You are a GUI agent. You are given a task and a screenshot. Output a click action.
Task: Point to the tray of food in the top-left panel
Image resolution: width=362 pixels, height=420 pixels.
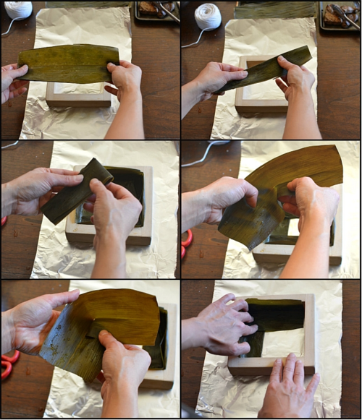[x=156, y=10]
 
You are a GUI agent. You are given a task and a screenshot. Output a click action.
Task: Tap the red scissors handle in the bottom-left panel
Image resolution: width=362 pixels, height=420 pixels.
[x=10, y=357]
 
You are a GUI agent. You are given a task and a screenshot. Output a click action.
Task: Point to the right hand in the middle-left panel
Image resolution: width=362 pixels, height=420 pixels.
[x=116, y=210]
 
